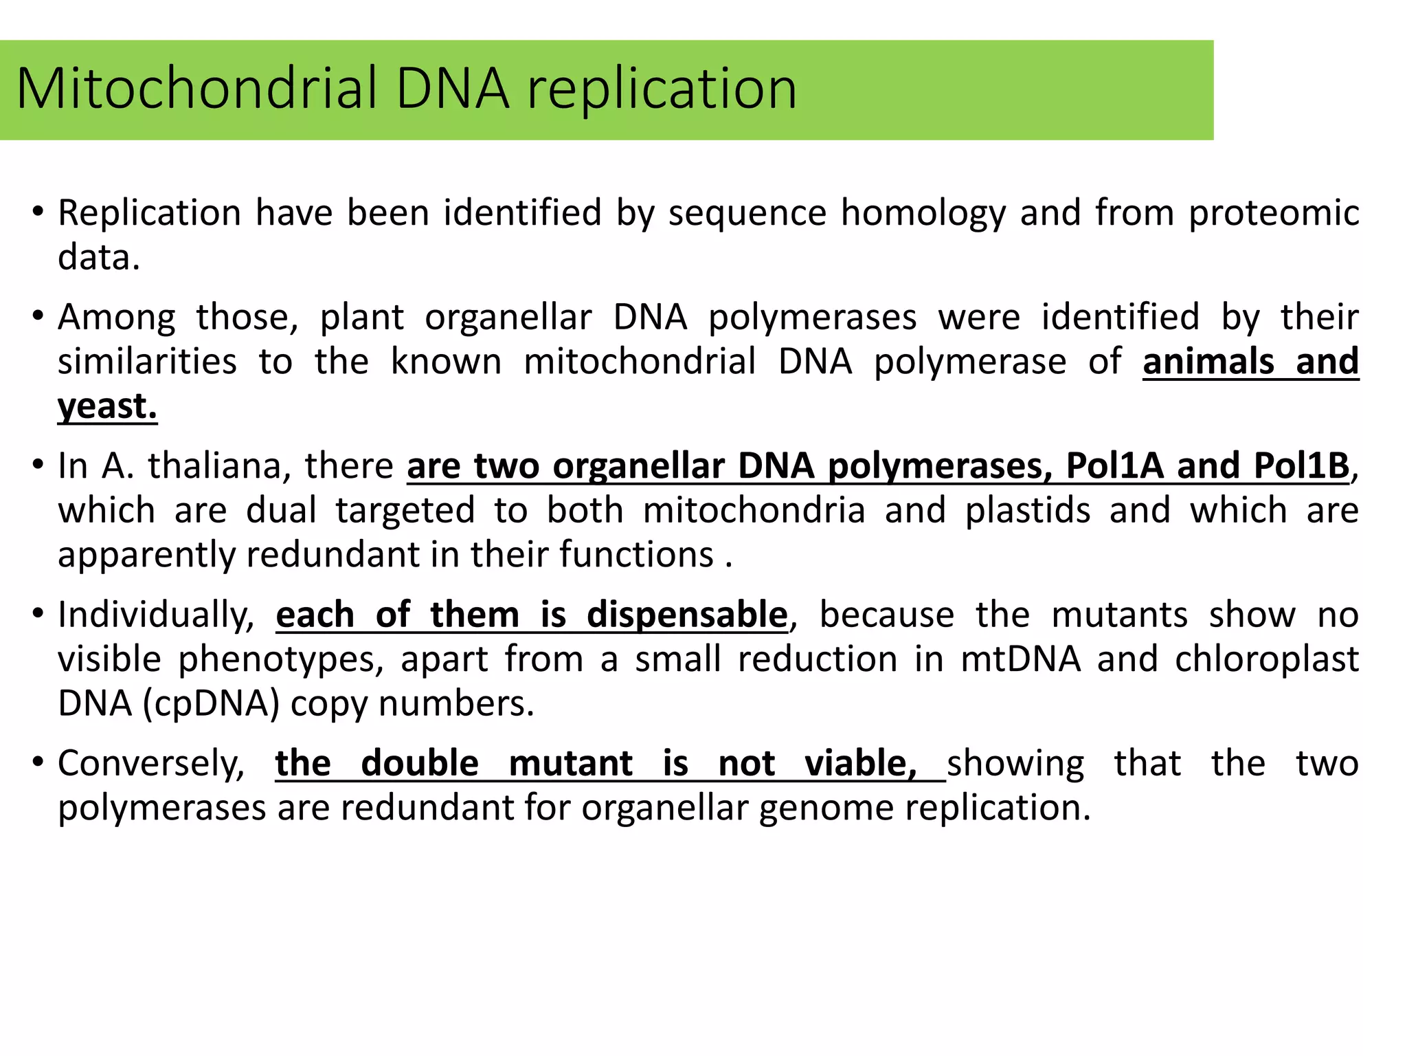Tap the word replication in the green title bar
click(661, 89)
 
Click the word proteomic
click(1274, 213)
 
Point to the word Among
click(117, 318)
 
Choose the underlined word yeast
click(107, 407)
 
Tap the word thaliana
click(215, 466)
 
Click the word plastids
click(1028, 511)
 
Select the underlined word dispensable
click(687, 615)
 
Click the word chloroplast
click(1267, 659)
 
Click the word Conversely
click(151, 764)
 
